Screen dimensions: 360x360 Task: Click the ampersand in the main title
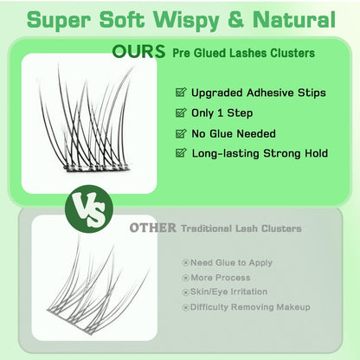point(235,19)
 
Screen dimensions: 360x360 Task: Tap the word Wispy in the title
point(186,21)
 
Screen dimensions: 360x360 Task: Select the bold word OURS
point(138,52)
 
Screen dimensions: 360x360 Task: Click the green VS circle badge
point(89,209)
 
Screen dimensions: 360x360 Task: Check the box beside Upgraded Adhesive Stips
point(181,93)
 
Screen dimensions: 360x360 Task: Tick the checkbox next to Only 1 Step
point(181,112)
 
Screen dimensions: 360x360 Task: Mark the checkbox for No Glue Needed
point(181,133)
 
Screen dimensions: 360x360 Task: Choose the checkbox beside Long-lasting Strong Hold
point(181,152)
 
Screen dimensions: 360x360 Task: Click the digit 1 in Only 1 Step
point(220,112)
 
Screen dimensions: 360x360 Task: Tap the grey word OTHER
point(152,228)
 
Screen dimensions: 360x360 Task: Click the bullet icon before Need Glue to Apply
point(185,263)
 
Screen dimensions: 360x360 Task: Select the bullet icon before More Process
point(185,278)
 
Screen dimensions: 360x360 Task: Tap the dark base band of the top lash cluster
point(97,167)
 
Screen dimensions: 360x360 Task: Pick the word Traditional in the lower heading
point(207,228)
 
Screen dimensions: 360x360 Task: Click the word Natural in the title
point(294,19)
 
